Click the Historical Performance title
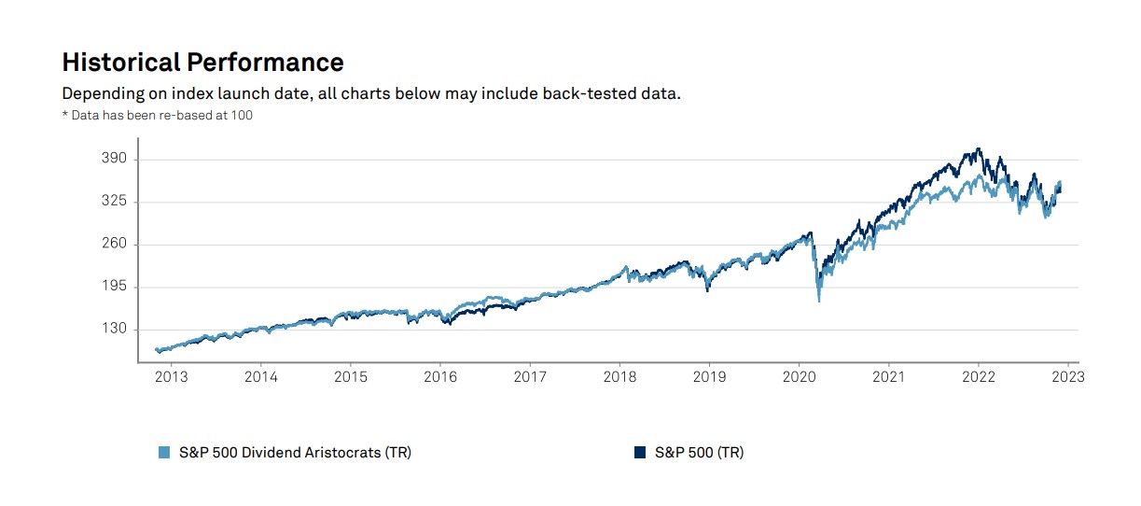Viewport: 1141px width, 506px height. tap(202, 63)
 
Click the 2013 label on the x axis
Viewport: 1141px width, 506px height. tap(171, 377)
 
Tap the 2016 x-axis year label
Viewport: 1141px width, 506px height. tap(440, 377)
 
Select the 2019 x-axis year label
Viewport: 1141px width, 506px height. tap(709, 377)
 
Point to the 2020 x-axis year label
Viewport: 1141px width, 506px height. tap(799, 377)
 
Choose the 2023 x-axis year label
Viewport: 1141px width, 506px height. tap(1068, 377)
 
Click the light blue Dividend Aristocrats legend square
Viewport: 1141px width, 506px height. tap(164, 453)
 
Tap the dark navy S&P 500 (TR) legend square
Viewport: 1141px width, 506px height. tap(640, 453)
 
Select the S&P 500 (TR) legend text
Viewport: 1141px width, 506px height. tap(699, 453)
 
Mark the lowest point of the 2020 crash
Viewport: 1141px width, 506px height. tap(819, 301)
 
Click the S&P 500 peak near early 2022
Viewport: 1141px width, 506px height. tap(978, 148)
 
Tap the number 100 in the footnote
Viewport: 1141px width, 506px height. tap(242, 116)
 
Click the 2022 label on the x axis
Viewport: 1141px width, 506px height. tap(979, 377)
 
